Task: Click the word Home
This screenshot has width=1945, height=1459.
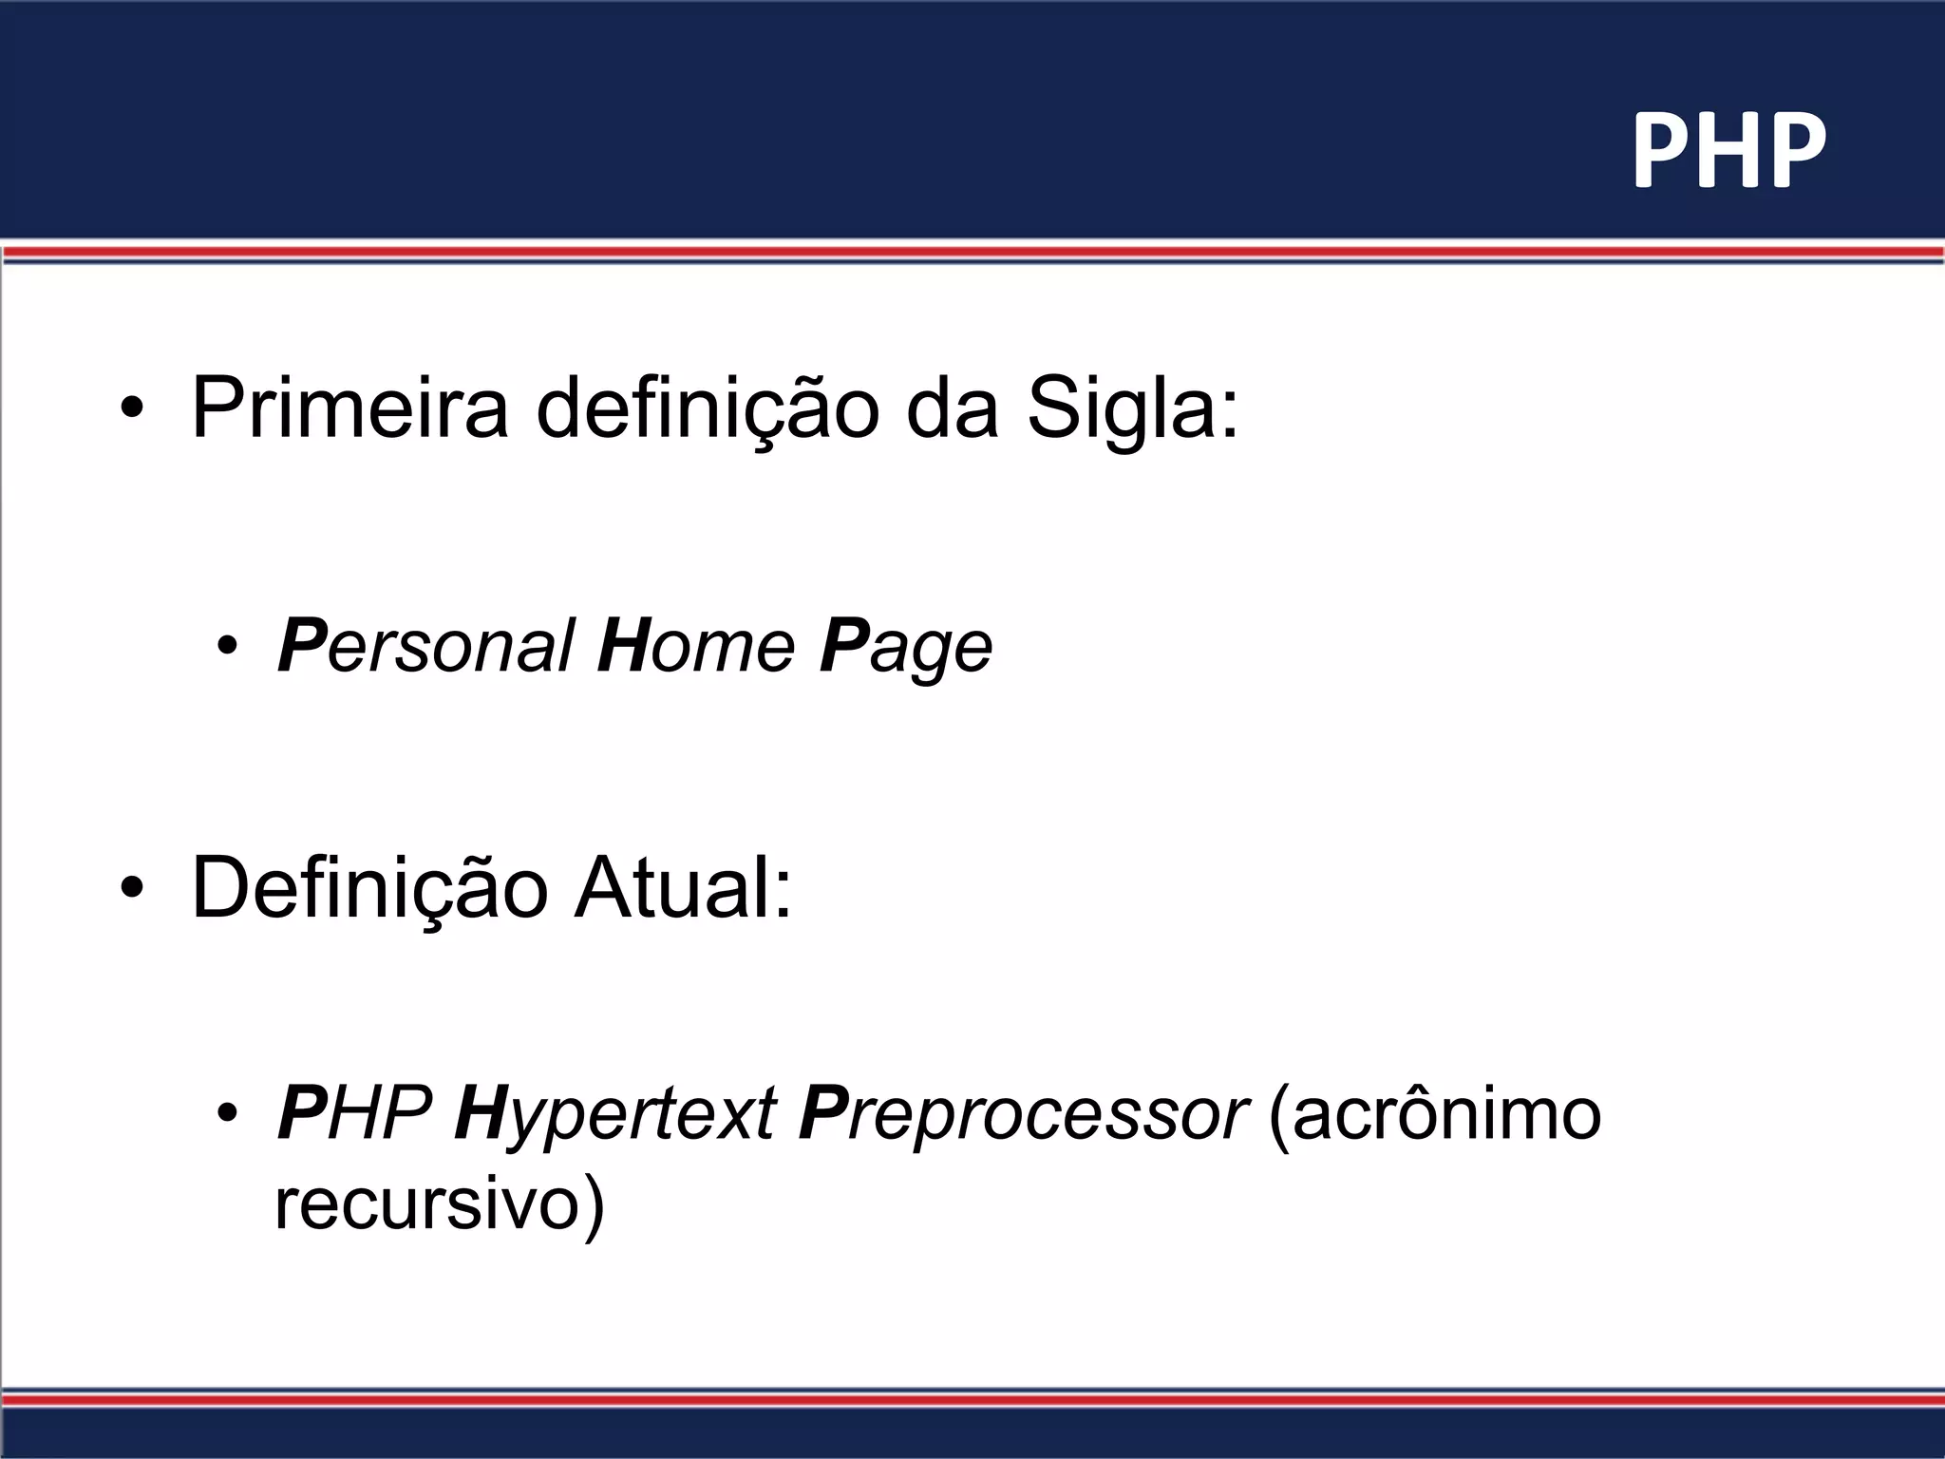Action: pos(696,647)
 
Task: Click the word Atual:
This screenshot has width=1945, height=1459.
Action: pos(683,889)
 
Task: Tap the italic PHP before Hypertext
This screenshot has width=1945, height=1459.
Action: pos(354,1113)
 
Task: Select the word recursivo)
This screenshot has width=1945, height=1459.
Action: pos(439,1204)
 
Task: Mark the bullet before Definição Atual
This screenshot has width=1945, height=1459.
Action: pos(132,888)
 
